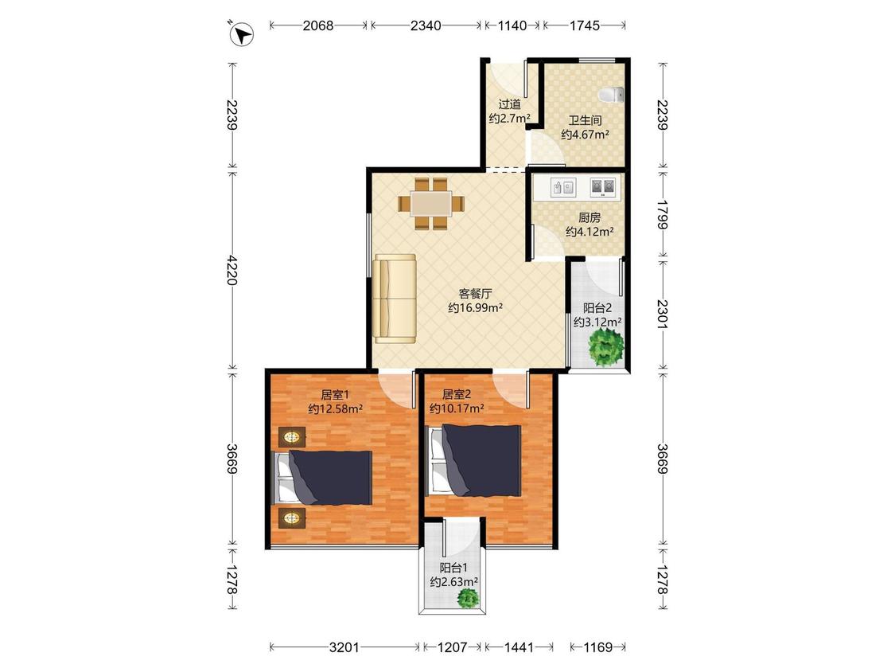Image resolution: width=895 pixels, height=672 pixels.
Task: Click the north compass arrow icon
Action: tap(242, 34)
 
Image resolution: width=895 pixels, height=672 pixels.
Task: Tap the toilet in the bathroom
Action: tap(611, 95)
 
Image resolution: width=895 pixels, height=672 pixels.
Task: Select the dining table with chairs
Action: tap(431, 203)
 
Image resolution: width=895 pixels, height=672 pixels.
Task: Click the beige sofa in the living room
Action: tap(395, 299)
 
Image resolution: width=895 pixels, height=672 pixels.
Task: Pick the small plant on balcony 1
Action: tap(469, 598)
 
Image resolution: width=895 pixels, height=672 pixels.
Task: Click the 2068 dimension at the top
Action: tap(318, 25)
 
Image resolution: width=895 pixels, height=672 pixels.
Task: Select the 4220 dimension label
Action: tap(232, 270)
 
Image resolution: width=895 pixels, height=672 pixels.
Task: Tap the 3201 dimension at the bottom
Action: tap(344, 647)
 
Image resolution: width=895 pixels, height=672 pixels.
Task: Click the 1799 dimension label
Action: tap(662, 213)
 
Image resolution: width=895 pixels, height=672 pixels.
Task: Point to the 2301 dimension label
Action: tap(662, 314)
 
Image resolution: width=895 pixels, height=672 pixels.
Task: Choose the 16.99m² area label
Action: tap(475, 308)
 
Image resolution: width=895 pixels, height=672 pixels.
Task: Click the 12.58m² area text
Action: tap(336, 408)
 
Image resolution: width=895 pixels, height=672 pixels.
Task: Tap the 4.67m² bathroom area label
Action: tap(585, 135)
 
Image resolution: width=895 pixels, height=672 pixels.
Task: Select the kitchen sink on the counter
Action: tap(563, 187)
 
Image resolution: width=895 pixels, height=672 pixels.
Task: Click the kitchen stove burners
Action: tap(603, 187)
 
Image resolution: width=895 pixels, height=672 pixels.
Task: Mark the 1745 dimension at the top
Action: tap(585, 25)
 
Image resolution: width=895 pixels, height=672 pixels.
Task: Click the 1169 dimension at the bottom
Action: tap(597, 647)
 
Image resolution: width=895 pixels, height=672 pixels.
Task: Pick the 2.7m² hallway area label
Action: tap(510, 119)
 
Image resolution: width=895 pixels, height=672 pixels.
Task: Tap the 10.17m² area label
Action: tap(457, 408)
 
